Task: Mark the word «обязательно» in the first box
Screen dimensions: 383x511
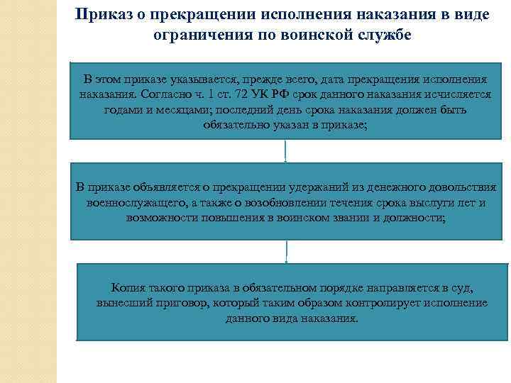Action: pyautogui.click(x=238, y=126)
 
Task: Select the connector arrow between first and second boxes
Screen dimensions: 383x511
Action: pyautogui.click(x=285, y=151)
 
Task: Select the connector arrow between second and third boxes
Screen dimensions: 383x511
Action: pyautogui.click(x=287, y=251)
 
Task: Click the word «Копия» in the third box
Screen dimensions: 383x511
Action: pyautogui.click(x=128, y=287)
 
